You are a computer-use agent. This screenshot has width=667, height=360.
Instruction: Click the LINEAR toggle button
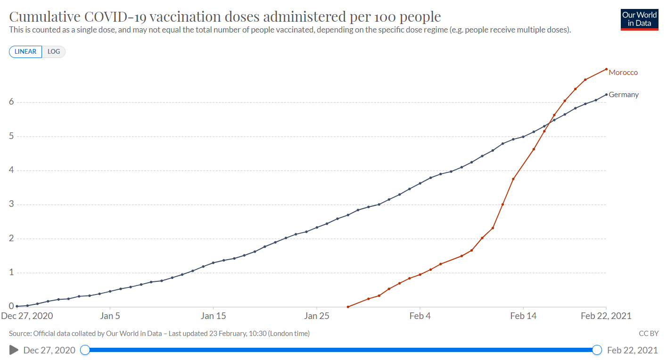tap(25, 51)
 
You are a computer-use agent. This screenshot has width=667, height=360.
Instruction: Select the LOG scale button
tap(54, 51)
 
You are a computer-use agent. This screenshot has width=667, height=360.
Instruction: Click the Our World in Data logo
tap(639, 19)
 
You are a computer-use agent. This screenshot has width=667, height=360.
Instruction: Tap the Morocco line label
tap(623, 73)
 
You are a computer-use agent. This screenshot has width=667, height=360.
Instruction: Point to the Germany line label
tap(624, 95)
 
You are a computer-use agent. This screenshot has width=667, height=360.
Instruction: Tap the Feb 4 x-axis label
tap(420, 316)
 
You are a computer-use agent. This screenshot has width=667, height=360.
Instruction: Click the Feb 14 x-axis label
tap(523, 316)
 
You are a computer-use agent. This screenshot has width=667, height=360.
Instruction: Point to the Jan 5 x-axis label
tap(110, 316)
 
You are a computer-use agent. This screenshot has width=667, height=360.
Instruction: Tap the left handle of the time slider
tap(85, 350)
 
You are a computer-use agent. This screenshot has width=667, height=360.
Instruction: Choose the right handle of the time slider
tap(597, 350)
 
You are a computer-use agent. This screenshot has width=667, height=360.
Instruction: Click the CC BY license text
tap(649, 334)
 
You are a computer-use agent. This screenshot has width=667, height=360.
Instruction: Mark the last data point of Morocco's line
tap(606, 69)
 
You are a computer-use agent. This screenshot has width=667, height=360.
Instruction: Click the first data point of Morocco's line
tap(348, 307)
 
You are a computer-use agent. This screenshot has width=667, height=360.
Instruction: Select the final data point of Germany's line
tap(606, 94)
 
